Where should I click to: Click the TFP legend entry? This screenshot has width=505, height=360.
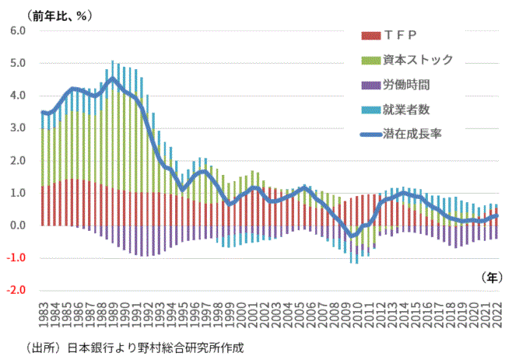[x=401, y=35]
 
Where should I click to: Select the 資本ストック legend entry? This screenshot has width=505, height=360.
[x=418, y=59]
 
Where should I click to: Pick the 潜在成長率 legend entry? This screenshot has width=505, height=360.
[x=412, y=134]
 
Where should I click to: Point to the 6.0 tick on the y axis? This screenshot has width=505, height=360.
[x=18, y=31]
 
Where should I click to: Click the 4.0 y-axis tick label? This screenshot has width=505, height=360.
[x=18, y=96]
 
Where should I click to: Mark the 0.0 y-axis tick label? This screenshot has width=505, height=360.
[x=18, y=225]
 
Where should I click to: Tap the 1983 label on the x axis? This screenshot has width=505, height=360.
[x=44, y=321]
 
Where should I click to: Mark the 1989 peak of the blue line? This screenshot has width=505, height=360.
[x=113, y=79]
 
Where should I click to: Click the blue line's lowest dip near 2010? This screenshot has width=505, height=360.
[x=352, y=236]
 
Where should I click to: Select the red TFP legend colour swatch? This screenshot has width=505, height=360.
[x=370, y=35]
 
